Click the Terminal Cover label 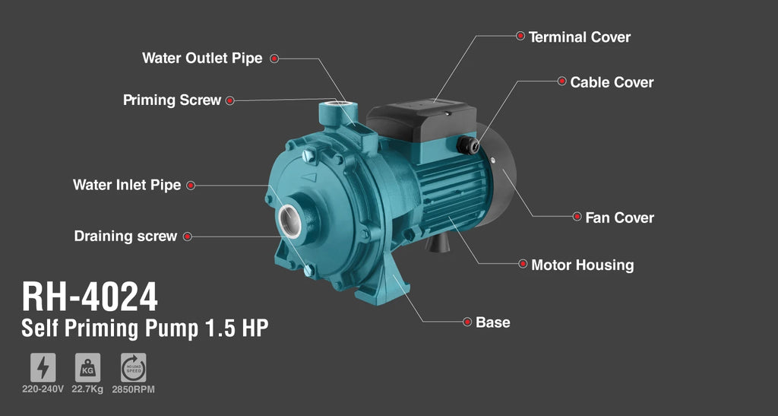(579, 37)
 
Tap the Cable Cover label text (612, 82)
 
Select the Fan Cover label (620, 218)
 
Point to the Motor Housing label (583, 265)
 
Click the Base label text (492, 322)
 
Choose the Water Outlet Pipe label (202, 58)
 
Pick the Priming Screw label (172, 100)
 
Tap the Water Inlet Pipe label (127, 185)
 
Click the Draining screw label (125, 236)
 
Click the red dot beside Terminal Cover (520, 36)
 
